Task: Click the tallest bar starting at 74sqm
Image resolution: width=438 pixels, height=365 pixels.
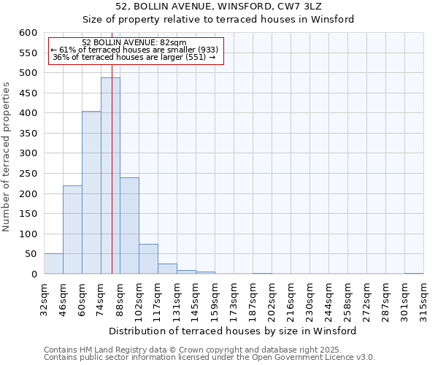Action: tap(110, 175)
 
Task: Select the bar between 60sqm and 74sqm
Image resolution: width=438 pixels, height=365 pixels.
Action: tap(91, 193)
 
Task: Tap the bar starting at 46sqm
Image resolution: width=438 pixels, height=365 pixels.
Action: tap(72, 230)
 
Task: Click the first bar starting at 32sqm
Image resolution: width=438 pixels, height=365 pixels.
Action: tap(53, 264)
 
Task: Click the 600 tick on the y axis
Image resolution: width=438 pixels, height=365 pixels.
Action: tap(28, 33)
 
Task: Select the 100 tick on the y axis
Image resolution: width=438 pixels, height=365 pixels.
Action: tap(28, 234)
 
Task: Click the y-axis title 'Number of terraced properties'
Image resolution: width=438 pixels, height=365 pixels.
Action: tap(7, 157)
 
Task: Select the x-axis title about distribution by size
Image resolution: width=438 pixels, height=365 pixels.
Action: tap(237, 331)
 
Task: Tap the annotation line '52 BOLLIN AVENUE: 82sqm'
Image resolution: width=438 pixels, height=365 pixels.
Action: tap(134, 43)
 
